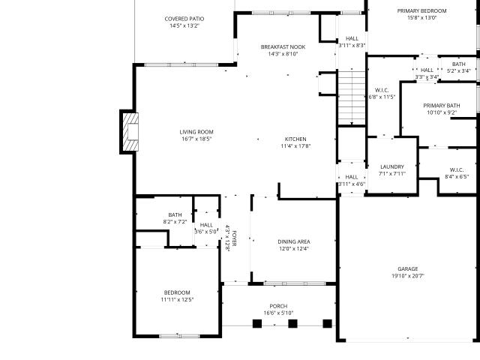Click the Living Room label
pos(196,132)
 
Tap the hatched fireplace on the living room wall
pos(130,132)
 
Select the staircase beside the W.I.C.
pos(352,97)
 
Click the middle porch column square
pos(292,323)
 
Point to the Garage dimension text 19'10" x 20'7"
pos(408,276)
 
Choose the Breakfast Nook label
pos(283,46)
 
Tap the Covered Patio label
pos(184,19)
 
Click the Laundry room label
pos(392,166)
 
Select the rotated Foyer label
pos(234,238)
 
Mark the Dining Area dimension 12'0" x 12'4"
pos(294,248)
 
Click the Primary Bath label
pos(442,106)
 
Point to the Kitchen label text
pos(295,139)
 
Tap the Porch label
pos(278,306)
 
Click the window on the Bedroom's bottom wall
pos(179,336)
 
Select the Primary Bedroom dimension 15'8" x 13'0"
pos(421,18)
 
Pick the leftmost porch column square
pos(257,323)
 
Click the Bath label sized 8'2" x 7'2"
pos(175,215)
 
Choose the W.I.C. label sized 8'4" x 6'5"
pos(457,170)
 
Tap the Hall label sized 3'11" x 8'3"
pos(352,38)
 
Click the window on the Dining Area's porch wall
pos(295,283)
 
